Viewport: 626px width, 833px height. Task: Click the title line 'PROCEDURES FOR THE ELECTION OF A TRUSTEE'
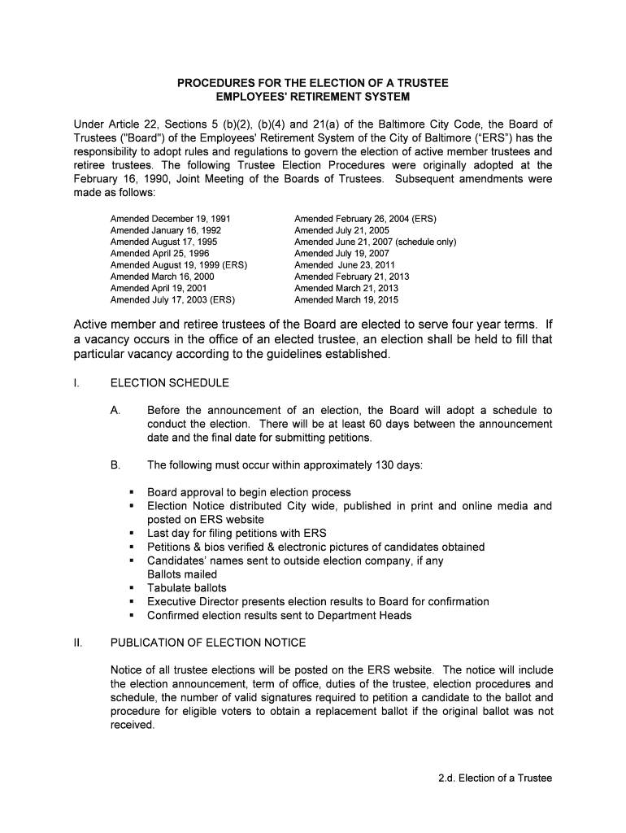tap(313, 83)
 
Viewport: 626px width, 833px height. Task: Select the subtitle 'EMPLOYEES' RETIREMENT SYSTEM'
tap(313, 97)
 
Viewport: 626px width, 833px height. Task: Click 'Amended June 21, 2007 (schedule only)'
tap(375, 242)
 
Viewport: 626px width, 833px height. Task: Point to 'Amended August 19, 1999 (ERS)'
tap(179, 265)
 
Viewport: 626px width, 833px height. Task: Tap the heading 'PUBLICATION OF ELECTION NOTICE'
tap(208, 643)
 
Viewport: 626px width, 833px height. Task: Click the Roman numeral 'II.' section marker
tap(78, 643)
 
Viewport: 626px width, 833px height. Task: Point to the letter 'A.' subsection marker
tap(115, 410)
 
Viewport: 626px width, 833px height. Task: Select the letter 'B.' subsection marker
tap(115, 465)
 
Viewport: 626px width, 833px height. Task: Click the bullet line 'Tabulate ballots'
tap(187, 588)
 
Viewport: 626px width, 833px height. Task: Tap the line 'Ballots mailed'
tap(182, 574)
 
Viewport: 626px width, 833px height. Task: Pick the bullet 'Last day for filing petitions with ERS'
tap(237, 534)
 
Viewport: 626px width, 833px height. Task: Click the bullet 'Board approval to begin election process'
tap(249, 492)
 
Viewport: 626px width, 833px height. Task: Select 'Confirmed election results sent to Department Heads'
tap(279, 616)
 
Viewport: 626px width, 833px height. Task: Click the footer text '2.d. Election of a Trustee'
tap(493, 778)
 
